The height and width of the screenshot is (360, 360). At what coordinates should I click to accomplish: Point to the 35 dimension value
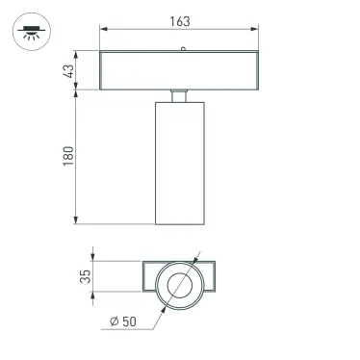86,277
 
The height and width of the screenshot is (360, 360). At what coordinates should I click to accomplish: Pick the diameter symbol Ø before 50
115,321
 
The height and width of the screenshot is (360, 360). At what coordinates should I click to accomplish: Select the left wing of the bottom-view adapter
150,277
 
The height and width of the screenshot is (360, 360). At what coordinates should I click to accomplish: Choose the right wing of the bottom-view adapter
212,277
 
